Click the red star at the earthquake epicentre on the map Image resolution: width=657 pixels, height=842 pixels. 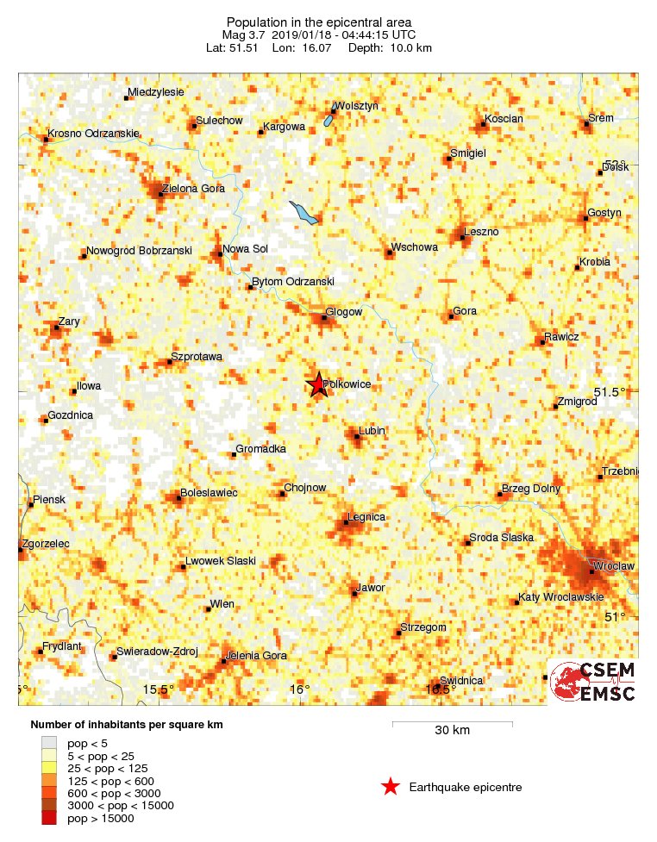coord(317,384)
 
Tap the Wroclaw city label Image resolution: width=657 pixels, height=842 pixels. coord(614,565)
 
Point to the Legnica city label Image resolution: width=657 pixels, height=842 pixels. coord(366,516)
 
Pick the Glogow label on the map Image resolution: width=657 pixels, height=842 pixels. coord(344,312)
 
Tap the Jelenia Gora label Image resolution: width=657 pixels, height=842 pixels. coord(255,656)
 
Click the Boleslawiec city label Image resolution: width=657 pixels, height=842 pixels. coord(208,492)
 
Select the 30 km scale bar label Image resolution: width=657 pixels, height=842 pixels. coord(452,731)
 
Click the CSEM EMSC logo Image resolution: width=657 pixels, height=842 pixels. coord(593,682)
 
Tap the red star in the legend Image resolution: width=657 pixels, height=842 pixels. coord(391,786)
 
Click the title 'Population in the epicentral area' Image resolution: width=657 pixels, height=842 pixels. coord(319,22)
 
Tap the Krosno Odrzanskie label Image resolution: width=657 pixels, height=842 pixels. coord(94,134)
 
